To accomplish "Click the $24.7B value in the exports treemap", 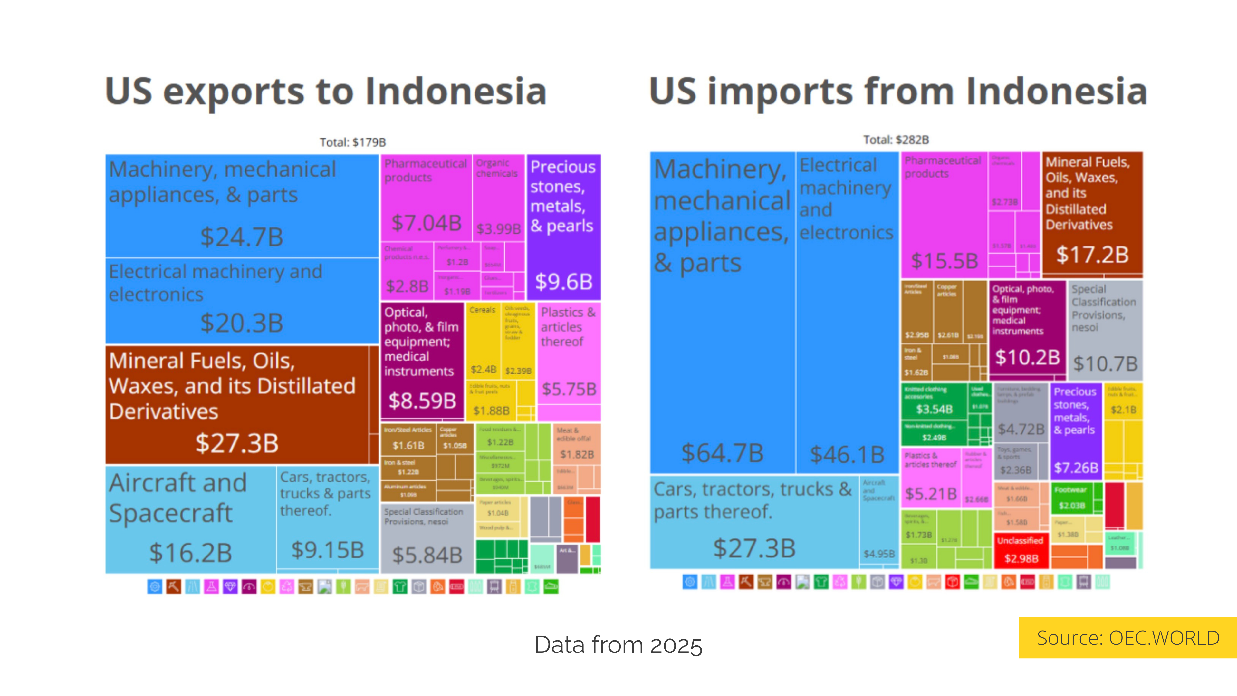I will [x=242, y=237].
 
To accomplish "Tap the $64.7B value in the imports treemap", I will [x=722, y=453].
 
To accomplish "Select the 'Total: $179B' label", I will [x=352, y=142].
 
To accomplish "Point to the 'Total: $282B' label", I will [x=896, y=140].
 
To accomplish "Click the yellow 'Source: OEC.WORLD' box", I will [x=1127, y=638].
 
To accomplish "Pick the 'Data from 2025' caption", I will [x=618, y=644].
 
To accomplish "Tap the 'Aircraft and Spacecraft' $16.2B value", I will [x=191, y=552].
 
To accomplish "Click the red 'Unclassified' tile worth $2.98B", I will [x=1021, y=550].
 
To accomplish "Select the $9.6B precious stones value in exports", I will [x=564, y=282].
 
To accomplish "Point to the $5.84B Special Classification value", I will [x=427, y=555].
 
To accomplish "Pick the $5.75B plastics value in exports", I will [x=569, y=389].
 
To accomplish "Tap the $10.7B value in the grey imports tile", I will [x=1105, y=363].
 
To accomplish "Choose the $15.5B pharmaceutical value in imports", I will [x=944, y=261].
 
